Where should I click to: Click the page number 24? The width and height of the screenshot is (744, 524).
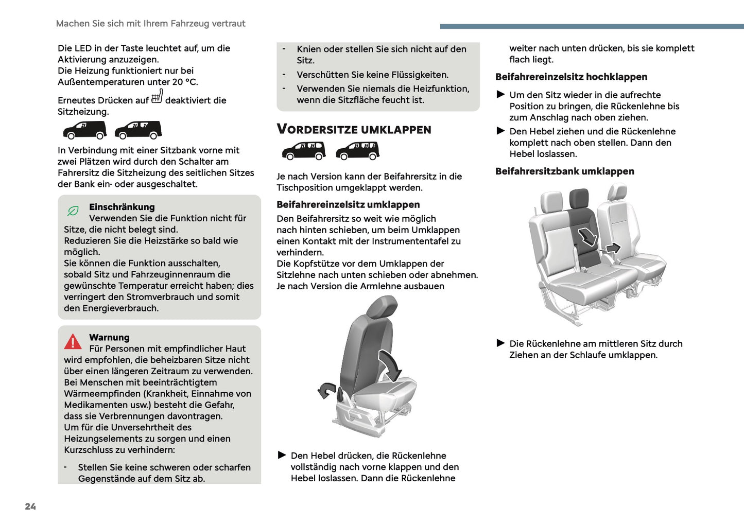tap(30, 506)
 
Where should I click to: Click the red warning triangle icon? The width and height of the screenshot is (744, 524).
tap(73, 341)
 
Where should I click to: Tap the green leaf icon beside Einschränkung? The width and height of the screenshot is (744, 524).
tap(73, 211)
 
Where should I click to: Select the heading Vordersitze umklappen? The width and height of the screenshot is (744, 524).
tap(354, 129)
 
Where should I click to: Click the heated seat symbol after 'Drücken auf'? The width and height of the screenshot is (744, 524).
tap(157, 97)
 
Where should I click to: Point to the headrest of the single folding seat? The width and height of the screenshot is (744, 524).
tap(383, 308)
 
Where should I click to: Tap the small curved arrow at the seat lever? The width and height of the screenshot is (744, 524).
tap(326, 391)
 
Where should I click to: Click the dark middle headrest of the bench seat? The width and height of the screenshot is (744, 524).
tap(579, 198)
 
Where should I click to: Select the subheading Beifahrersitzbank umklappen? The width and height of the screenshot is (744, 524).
tap(564, 171)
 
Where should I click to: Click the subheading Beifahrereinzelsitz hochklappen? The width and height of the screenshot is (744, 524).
tap(571, 77)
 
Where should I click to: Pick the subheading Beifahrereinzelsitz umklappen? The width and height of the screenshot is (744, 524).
tap(348, 204)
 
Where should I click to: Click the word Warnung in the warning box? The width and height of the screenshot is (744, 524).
tap(109, 337)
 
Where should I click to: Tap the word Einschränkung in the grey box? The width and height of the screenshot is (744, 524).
tap(122, 207)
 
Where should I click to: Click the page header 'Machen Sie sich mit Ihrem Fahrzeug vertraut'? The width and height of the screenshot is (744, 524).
tap(150, 24)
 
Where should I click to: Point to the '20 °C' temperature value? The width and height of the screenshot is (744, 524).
tap(184, 82)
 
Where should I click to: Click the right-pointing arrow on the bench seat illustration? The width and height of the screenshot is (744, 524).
tap(612, 249)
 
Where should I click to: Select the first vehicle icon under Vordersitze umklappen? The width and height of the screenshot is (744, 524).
tap(304, 150)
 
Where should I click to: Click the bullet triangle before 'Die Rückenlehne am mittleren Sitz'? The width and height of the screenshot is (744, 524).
tap(500, 343)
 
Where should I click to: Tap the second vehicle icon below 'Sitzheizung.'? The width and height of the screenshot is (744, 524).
tap(138, 130)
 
